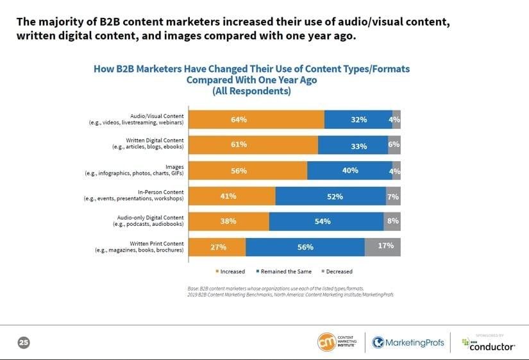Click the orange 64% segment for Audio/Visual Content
tap(256, 119)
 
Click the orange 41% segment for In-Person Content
tap(232, 196)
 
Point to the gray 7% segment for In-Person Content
tap(393, 196)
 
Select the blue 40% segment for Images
tap(349, 171)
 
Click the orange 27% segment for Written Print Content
tap(217, 246)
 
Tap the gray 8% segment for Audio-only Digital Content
tap(392, 221)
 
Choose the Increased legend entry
tap(230, 271)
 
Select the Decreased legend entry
tap(337, 271)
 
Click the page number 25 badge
tap(23, 343)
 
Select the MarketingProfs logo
tap(408, 343)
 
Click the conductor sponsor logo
tap(488, 345)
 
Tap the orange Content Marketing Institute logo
tap(327, 342)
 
